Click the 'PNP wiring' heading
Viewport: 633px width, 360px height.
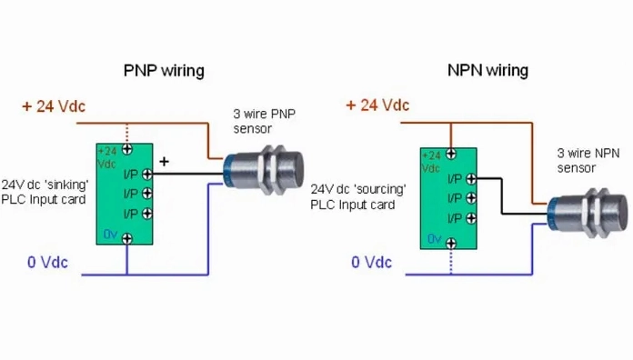point(164,70)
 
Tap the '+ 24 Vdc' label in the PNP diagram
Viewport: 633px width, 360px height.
point(54,106)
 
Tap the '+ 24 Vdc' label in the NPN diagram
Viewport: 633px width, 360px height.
point(377,105)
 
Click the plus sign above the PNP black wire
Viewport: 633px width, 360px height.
point(165,161)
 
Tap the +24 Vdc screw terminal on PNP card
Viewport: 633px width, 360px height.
point(128,148)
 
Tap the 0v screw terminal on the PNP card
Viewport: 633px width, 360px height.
point(128,237)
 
